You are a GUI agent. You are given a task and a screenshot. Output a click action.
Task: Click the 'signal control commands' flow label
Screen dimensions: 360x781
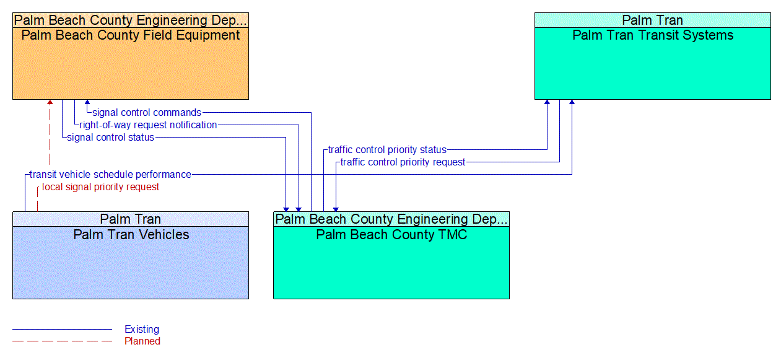point(146,113)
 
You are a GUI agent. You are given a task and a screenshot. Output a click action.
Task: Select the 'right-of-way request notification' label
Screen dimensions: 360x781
point(148,125)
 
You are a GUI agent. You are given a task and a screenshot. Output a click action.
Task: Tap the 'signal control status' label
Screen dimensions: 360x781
point(110,138)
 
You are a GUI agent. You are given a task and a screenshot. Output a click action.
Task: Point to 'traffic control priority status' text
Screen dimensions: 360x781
point(387,150)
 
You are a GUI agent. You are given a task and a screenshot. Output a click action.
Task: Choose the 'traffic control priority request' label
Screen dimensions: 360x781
point(403,162)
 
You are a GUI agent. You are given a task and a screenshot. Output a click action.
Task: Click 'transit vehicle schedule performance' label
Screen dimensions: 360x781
point(110,175)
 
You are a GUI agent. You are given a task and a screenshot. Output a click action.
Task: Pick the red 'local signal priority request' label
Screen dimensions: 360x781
point(100,187)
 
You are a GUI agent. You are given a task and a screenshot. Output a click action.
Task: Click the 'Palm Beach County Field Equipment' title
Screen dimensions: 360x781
point(131,35)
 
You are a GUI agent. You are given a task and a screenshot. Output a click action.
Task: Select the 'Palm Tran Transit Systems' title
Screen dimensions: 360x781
point(653,35)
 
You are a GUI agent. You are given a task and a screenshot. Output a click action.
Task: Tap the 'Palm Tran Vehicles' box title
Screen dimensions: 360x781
point(131,235)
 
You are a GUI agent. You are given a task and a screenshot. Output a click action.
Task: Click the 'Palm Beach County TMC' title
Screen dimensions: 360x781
point(391,235)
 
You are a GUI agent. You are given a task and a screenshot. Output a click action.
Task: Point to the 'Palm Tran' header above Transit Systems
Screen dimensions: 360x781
point(653,20)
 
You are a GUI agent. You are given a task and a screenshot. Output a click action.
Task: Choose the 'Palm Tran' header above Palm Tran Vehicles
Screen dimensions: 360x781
point(131,219)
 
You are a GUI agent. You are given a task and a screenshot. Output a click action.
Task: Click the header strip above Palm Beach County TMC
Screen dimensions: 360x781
point(391,219)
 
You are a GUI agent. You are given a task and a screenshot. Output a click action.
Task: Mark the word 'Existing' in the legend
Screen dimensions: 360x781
point(142,330)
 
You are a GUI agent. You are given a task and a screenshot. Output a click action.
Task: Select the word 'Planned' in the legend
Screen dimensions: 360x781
point(142,341)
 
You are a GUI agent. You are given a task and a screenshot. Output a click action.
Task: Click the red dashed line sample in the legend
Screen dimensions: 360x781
point(62,341)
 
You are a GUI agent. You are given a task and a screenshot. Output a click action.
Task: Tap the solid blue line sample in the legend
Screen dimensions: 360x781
point(62,330)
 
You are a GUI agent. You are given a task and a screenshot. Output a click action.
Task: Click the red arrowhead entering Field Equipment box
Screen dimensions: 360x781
point(50,103)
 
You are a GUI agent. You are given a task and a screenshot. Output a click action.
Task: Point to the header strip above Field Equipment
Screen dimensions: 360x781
point(131,20)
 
